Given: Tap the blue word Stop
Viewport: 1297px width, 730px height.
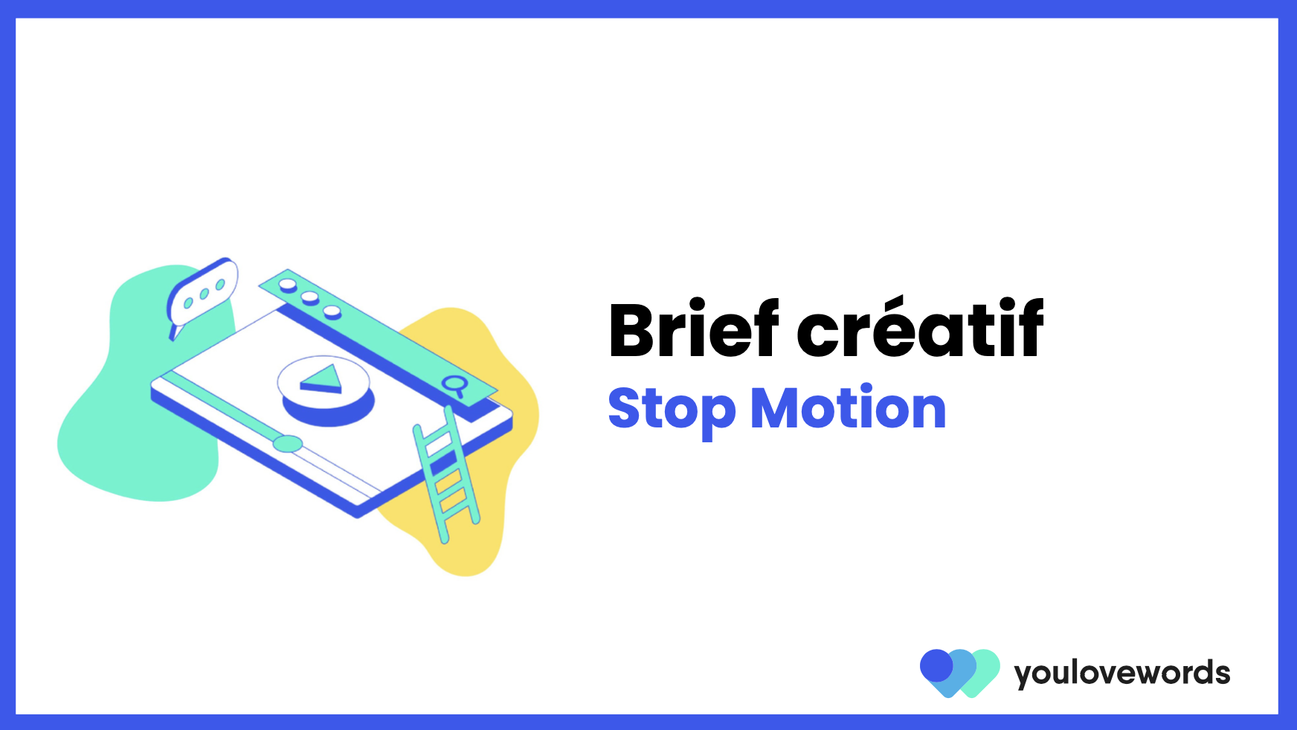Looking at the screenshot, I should [x=672, y=410].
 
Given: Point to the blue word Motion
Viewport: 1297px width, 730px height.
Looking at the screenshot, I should [x=848, y=408].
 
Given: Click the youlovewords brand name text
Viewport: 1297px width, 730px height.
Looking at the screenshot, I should [x=1121, y=674].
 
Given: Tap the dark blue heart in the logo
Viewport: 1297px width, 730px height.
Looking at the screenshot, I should [x=936, y=666].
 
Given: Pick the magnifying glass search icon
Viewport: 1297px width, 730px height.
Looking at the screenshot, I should [x=453, y=385].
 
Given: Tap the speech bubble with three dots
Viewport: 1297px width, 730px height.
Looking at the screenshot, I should [x=202, y=293].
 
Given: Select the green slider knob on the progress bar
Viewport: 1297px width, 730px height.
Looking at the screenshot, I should [x=287, y=444].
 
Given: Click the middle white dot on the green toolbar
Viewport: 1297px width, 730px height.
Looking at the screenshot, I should [x=309, y=297].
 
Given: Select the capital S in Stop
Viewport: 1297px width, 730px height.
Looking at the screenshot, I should [x=625, y=408].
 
